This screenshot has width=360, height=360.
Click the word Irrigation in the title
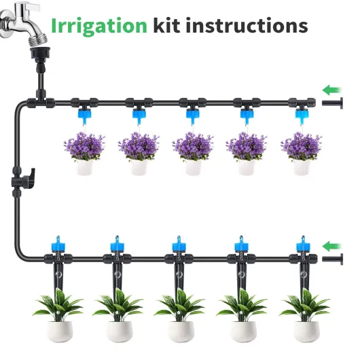tap(99, 27)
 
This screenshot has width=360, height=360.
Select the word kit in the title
tap(166, 25)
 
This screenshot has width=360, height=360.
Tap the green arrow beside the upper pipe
tap(332, 90)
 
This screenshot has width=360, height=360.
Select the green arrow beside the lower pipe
tap(332, 247)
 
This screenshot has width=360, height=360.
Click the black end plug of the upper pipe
tap(332, 103)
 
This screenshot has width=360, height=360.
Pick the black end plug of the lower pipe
tap(332, 259)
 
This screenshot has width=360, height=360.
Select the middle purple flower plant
tap(193, 147)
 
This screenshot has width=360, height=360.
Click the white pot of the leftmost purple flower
tap(85, 167)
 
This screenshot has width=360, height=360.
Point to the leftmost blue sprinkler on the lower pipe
tap(58, 244)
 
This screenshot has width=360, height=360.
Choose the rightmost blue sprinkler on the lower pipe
tap(303, 244)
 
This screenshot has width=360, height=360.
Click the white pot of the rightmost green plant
tap(306, 331)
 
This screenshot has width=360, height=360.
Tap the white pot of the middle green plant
tap(181, 331)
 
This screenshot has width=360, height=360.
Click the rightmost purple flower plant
tap(301, 147)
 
